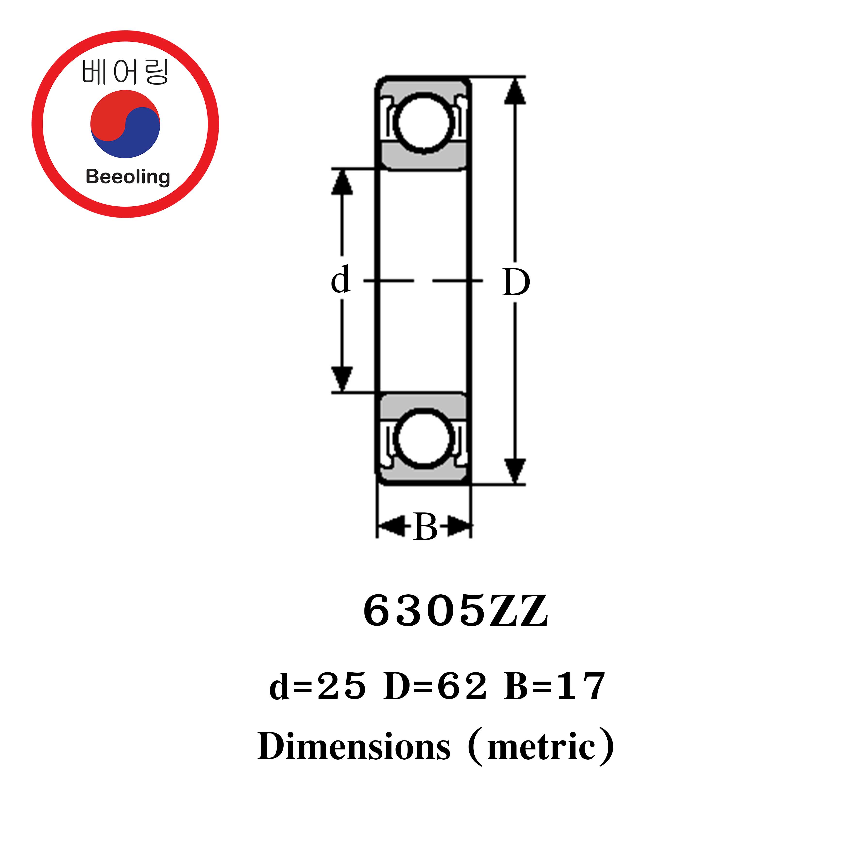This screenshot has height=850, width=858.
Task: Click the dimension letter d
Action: (341, 280)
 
